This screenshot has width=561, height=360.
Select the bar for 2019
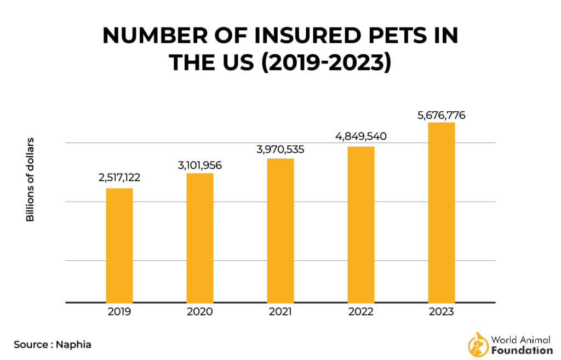119,245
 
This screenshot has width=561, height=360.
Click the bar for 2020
200,237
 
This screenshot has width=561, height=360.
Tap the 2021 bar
280,230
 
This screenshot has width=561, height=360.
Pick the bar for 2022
361,224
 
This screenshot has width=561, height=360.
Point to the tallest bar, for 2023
442,212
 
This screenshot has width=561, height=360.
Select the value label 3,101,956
200,164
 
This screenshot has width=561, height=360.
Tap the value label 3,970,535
280,149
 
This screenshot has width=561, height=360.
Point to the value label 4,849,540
361,136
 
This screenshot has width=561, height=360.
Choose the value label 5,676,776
442,115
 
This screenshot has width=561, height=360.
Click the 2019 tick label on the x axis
119,312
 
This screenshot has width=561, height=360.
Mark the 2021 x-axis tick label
280,312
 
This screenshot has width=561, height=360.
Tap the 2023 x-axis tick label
442,312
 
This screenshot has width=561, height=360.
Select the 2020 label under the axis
200,312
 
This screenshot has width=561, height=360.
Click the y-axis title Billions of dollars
30,180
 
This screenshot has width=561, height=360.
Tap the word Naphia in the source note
74,345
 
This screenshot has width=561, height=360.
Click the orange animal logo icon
478,344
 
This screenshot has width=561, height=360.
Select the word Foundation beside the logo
522,350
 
